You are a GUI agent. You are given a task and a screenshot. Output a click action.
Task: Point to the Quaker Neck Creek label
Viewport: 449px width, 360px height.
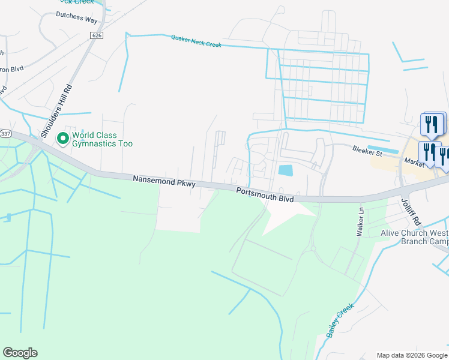tap(196, 41)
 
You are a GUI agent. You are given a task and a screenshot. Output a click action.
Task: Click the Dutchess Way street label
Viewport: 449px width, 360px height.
tap(77, 20)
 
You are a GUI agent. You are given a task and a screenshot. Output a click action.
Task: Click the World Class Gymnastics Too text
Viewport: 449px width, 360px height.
tap(102, 139)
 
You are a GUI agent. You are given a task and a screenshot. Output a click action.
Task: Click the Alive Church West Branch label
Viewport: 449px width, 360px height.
tap(414, 237)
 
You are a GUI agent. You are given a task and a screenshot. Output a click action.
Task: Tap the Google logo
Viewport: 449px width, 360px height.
tap(20, 353)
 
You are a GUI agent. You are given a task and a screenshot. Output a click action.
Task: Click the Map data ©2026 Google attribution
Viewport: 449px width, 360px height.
tap(411, 355)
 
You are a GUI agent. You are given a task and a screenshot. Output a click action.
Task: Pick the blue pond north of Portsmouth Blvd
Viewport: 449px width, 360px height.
tap(286, 170)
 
